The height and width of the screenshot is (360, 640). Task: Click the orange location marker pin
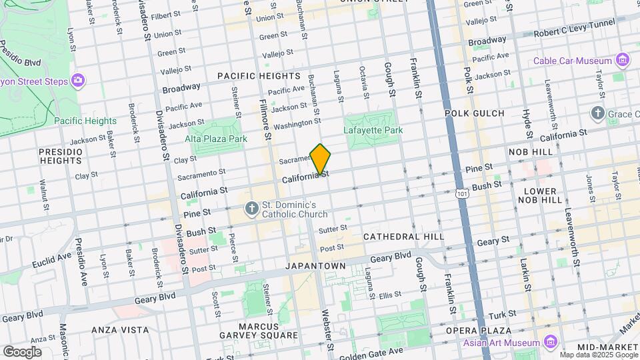click(321, 160)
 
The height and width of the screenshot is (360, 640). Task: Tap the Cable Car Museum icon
click(623, 61)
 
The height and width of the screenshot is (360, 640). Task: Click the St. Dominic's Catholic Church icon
click(252, 209)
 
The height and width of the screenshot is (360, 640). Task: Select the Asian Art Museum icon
click(550, 342)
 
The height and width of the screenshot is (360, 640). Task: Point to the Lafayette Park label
click(373, 131)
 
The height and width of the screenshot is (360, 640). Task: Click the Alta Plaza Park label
click(217, 139)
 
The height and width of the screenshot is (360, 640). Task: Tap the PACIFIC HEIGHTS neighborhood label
click(259, 77)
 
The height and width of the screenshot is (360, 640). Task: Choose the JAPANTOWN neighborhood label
click(316, 266)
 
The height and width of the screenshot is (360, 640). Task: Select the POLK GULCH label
click(474, 113)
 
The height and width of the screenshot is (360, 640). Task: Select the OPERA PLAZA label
click(479, 331)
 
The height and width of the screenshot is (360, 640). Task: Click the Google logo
click(22, 351)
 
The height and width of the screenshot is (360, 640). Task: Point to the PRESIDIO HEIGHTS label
click(61, 156)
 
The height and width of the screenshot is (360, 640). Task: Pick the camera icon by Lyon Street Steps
click(79, 81)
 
